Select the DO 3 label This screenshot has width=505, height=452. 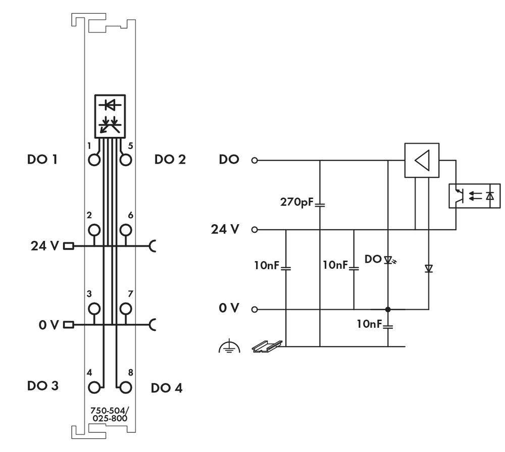[x=42, y=386]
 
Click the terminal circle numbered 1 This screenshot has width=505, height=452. [x=94, y=160]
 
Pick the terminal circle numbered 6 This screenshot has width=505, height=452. [x=125, y=230]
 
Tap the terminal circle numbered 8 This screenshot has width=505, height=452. [x=125, y=387]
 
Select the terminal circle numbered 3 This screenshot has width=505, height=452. [x=94, y=308]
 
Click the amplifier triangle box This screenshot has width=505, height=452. [x=422, y=161]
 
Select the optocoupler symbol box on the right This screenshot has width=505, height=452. [x=475, y=196]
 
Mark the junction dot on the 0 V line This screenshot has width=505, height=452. [x=388, y=309]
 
